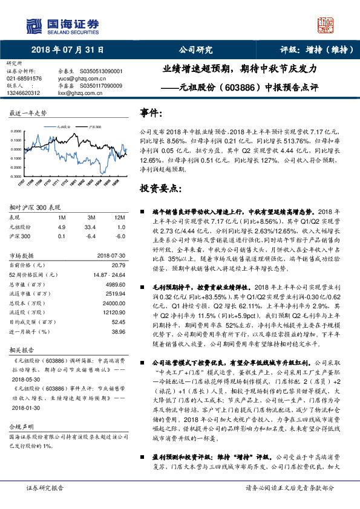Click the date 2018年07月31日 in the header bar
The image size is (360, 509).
point(65,50)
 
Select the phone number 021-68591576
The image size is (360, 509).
point(24,79)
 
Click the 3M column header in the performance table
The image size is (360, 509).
point(91,217)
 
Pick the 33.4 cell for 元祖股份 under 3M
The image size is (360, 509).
point(91,227)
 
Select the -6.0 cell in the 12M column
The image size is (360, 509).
point(120,236)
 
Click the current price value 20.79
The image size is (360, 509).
point(119,265)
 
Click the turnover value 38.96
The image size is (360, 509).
point(119,332)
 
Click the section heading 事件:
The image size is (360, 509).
point(151,113)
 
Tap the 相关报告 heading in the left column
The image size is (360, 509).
point(21,349)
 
